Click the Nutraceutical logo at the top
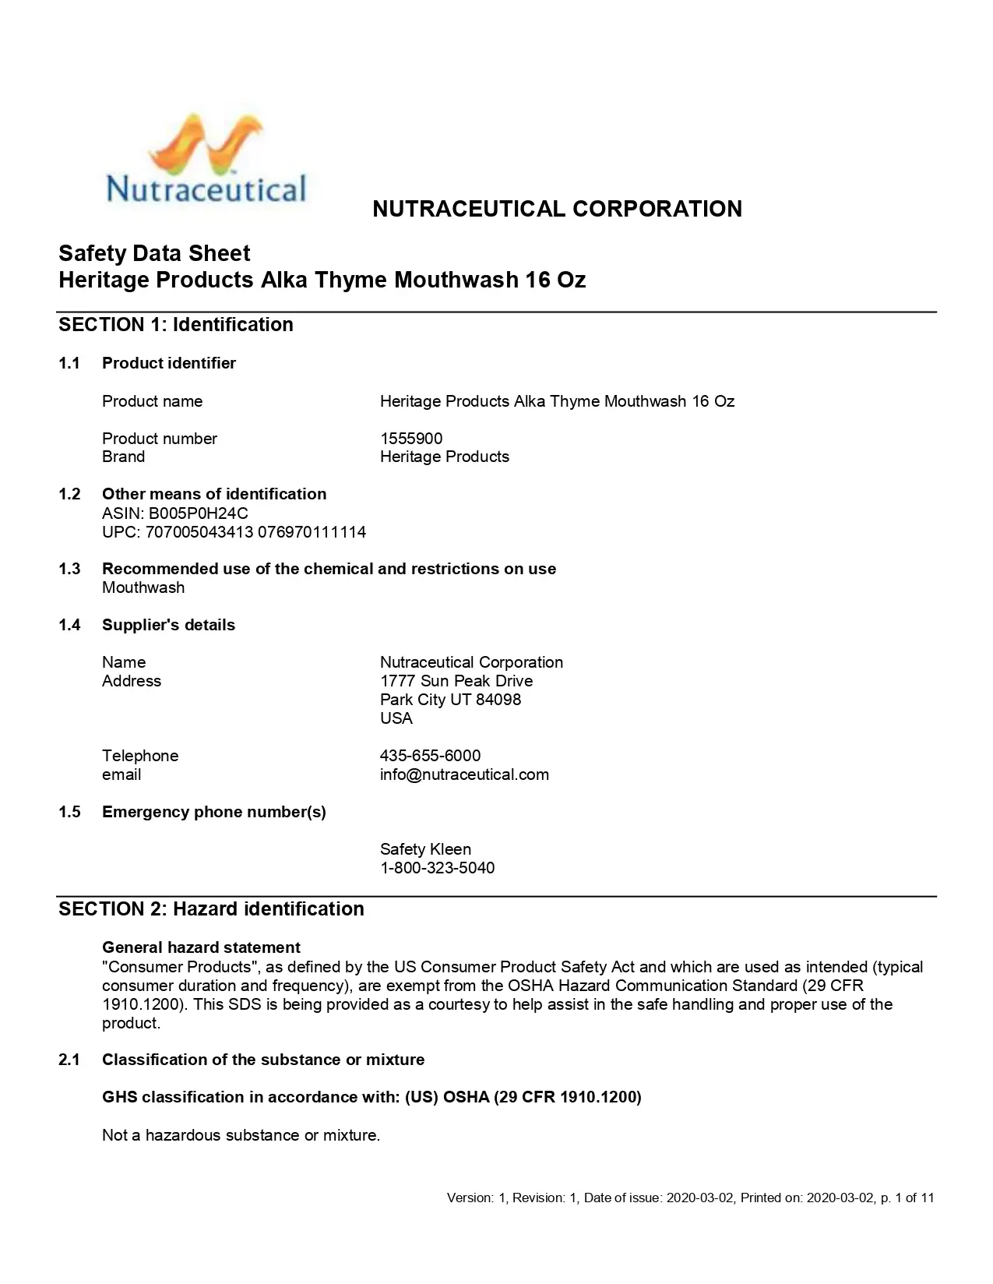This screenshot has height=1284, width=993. (x=206, y=161)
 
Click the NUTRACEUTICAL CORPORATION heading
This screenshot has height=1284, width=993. (x=557, y=209)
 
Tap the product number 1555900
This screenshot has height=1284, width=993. (x=411, y=439)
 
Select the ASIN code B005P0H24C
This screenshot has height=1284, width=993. (x=199, y=513)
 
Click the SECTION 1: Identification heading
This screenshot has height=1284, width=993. (x=176, y=325)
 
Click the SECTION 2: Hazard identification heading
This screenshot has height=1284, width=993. (x=211, y=909)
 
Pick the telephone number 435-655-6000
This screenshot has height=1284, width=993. (x=430, y=756)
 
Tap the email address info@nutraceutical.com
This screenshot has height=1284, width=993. (x=464, y=774)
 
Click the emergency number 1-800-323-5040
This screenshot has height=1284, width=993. (x=437, y=868)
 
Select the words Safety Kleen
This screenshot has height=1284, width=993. (x=425, y=849)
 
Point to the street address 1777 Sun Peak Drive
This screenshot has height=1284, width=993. (x=456, y=681)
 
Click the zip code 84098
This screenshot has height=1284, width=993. (x=498, y=700)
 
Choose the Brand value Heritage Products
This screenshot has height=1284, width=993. (x=445, y=457)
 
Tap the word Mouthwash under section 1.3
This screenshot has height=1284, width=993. (x=143, y=588)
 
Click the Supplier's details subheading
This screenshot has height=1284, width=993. (x=168, y=625)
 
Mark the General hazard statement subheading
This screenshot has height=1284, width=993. (x=201, y=947)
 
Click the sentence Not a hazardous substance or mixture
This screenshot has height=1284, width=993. (x=241, y=1135)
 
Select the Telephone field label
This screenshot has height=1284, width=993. (x=140, y=756)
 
